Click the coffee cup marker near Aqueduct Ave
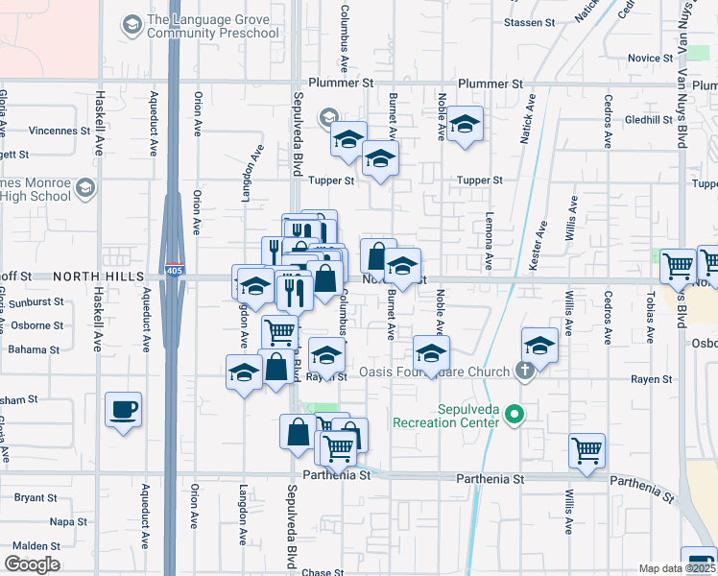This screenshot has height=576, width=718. click(124, 410)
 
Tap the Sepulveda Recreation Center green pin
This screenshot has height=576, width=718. click(515, 415)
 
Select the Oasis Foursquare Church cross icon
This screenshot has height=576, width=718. click(523, 370)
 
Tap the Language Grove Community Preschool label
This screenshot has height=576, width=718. click(212, 27)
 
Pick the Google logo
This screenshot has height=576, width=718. click(32, 564)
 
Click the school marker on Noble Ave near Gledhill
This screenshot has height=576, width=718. click(465, 124)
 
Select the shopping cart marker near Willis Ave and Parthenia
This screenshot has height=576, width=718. click(586, 449)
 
